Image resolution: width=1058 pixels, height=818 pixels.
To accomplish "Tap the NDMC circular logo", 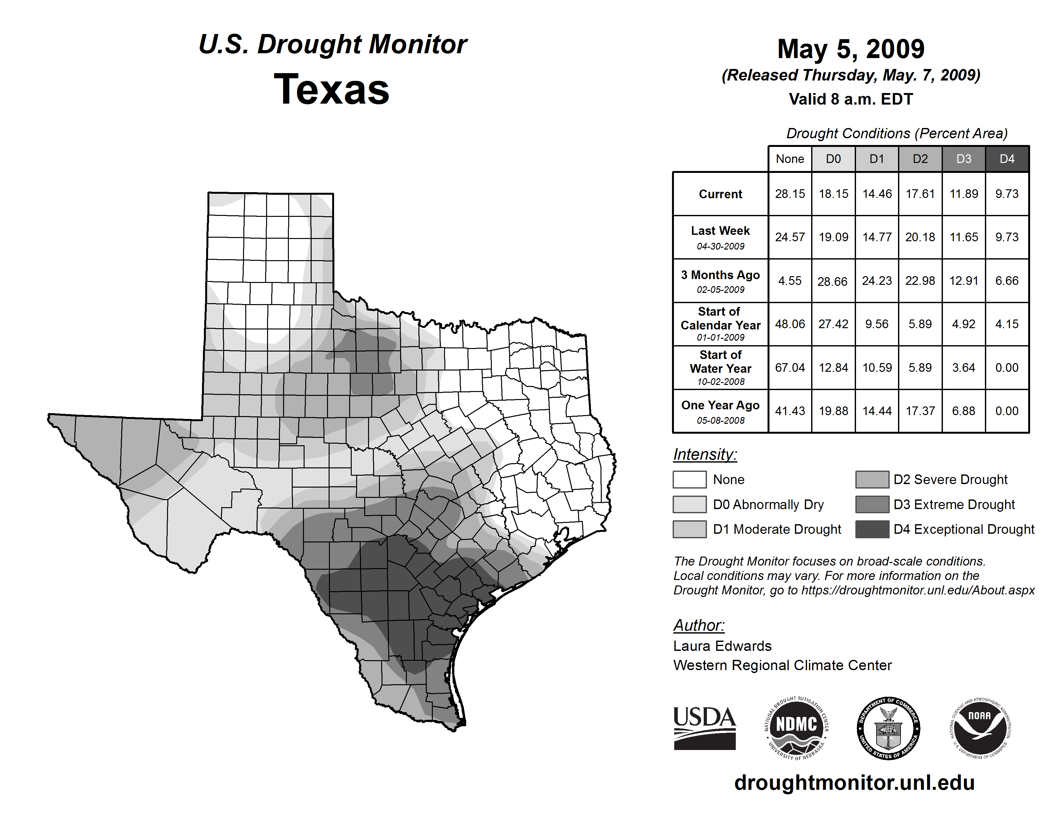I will tap(796, 729).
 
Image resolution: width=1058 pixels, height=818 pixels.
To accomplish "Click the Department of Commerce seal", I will tap(888, 729).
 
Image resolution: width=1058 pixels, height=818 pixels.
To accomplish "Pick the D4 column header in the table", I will tap(1007, 159).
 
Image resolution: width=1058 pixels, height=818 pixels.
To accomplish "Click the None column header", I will tap(790, 159).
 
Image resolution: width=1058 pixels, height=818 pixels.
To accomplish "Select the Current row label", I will tap(720, 194).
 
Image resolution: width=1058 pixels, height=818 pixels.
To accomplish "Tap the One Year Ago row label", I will tap(720, 411).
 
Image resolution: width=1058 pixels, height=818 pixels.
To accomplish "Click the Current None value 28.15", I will tap(790, 194).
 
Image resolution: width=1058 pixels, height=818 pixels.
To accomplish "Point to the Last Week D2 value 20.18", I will tap(920, 237).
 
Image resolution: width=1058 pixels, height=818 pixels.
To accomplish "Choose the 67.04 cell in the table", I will tap(790, 367).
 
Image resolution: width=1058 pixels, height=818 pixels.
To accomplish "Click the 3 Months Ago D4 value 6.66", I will tap(1007, 281).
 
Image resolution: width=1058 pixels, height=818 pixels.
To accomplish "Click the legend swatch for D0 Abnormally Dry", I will tap(689, 505).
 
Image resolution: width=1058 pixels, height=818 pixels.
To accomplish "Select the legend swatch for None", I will tap(689, 479).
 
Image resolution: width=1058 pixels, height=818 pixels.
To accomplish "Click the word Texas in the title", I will tap(332, 89).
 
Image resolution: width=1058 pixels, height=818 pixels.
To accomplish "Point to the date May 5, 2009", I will tap(851, 49).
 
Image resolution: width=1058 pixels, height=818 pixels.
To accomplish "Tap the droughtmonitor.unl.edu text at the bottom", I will tap(854, 783).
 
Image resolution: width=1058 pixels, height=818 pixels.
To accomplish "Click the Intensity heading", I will tap(705, 455).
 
